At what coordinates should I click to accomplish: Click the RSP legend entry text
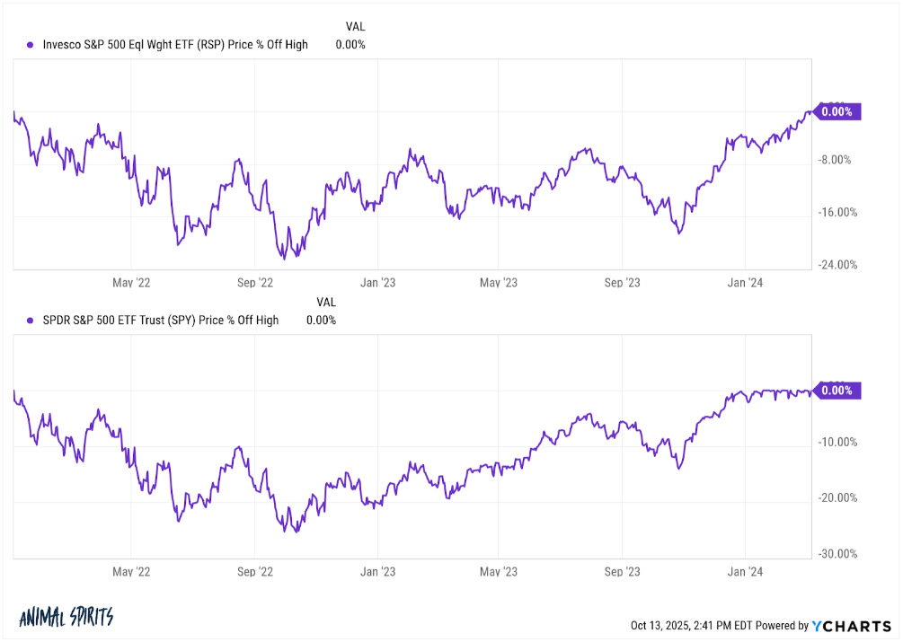pos(175,44)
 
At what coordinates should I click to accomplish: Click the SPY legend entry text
pos(161,320)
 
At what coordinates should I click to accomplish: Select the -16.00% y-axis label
pos(837,213)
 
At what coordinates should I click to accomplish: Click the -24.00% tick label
pos(837,265)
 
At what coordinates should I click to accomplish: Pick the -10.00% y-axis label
pos(837,442)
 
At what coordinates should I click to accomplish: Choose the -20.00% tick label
pos(837,497)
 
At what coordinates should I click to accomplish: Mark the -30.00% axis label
pos(837,553)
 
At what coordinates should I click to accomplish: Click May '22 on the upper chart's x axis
pos(131,282)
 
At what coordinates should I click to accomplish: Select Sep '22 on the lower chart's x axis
pos(254,570)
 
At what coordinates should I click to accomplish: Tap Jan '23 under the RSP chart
pos(377,282)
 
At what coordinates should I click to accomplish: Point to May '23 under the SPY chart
pos(499,570)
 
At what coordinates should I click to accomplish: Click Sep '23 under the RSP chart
pos(622,282)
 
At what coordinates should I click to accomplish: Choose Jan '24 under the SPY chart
pos(746,570)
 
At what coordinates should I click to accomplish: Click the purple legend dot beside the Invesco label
pos(31,45)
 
